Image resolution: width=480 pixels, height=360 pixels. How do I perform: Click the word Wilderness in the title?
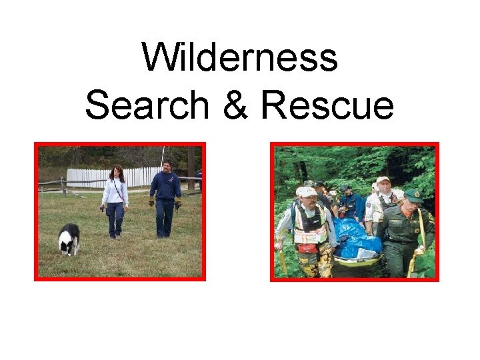click(240, 58)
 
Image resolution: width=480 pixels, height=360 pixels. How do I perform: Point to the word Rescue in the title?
click(327, 106)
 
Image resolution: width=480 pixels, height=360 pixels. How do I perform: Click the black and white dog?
click(69, 238)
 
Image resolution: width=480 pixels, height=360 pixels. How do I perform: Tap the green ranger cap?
click(413, 196)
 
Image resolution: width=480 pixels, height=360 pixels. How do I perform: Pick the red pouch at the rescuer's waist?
click(309, 248)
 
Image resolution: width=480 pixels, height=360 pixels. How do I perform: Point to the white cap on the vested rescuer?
click(307, 192)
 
